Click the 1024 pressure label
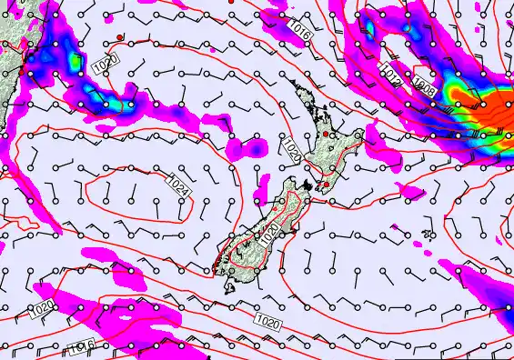(x=179, y=185)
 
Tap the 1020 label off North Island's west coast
(x=291, y=150)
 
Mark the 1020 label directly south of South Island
(x=267, y=321)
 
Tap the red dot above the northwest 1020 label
(x=120, y=37)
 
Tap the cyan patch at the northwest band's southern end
(x=127, y=104)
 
